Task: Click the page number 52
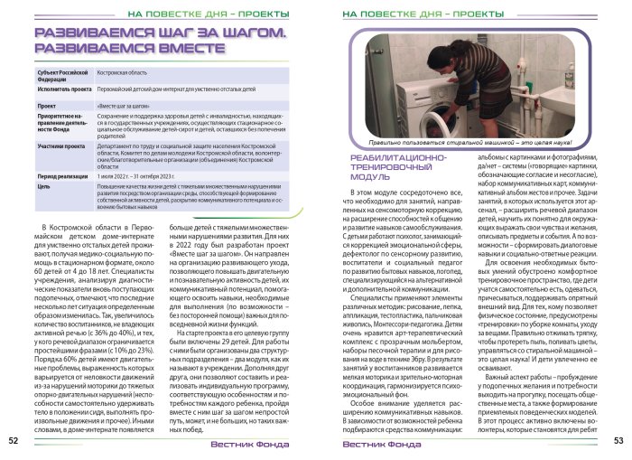pos(14,441)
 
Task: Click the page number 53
pos(618,441)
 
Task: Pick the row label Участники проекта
pos(60,145)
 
